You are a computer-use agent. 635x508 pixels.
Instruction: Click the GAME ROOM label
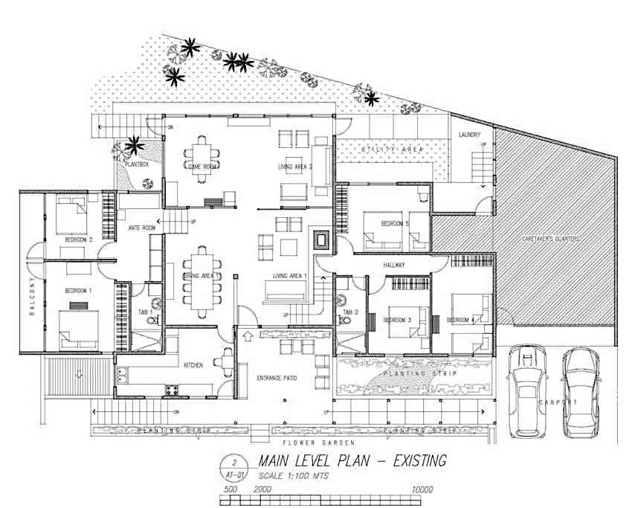202,167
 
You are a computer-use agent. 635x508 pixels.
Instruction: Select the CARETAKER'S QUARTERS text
549,239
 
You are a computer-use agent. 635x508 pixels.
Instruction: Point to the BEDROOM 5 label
395,223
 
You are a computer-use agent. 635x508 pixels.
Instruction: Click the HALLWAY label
394,265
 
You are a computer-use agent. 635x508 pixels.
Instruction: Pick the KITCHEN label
193,365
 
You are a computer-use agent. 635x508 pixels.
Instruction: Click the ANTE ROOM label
141,228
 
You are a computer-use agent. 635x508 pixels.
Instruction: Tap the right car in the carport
582,392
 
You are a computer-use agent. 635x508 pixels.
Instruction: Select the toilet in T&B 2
344,321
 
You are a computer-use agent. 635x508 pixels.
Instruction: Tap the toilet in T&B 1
154,318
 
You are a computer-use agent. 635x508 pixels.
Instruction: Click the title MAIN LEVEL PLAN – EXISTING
352,461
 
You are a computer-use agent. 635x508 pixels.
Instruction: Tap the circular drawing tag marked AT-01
234,466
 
